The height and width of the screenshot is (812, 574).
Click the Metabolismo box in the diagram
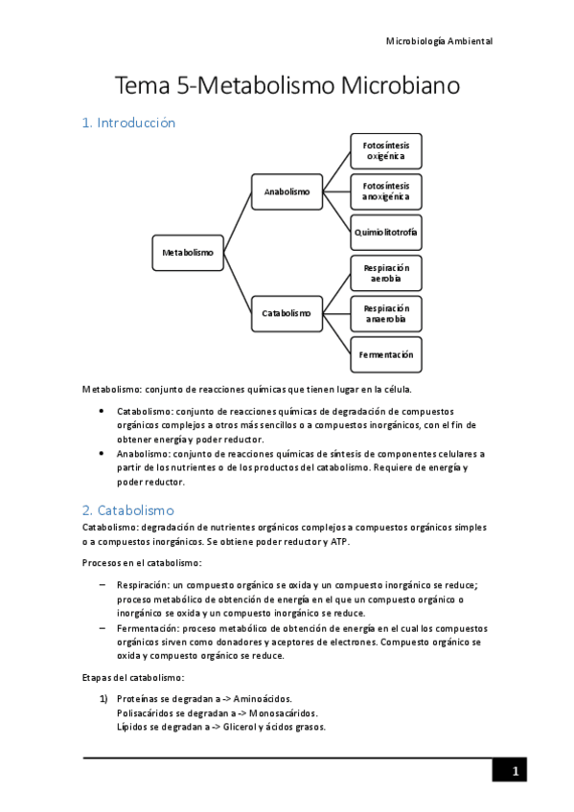tap(188, 253)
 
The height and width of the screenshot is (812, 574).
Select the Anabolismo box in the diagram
tap(287, 192)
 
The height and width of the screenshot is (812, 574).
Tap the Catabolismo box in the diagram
tap(287, 313)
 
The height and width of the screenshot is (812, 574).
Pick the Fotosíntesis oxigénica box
tap(386, 150)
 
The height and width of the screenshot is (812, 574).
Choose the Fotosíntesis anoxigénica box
tap(386, 192)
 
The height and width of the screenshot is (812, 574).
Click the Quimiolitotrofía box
tap(386, 232)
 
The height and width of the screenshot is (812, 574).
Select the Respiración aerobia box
tap(386, 273)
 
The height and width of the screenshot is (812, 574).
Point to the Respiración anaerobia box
tap(386, 313)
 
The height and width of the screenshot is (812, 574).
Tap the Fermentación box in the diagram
tap(386, 354)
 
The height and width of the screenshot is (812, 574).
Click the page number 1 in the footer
tap(514, 772)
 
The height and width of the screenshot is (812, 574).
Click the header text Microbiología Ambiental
tap(438, 41)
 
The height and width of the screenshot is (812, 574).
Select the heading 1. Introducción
tap(127, 123)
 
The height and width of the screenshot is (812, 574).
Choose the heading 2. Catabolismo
tap(128, 510)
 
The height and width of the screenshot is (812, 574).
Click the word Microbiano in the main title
tap(400, 85)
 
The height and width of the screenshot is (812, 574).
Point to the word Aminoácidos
tap(261, 698)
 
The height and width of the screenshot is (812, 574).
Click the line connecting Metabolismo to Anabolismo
tap(238, 222)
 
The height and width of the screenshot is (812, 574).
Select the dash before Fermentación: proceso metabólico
tap(103, 627)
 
